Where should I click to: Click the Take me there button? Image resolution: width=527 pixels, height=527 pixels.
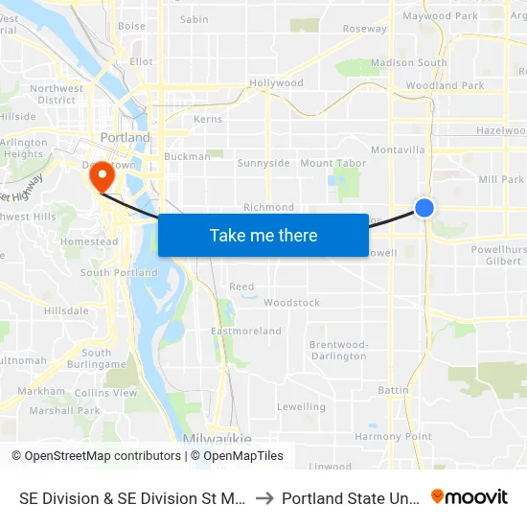coord(263,235)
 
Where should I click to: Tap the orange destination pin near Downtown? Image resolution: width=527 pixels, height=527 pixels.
coord(102,174)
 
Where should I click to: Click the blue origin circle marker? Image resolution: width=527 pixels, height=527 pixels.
coord(424,207)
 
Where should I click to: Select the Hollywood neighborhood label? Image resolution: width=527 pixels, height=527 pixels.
coord(276,83)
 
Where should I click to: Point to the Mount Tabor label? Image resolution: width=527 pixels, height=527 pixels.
coord(330,163)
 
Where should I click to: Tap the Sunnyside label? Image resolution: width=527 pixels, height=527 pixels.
coord(263,163)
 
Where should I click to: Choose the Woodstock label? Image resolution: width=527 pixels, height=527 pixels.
coord(291,303)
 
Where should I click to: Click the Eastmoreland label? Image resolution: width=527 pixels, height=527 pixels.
coord(246,332)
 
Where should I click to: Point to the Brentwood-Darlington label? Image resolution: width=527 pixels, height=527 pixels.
coord(338,350)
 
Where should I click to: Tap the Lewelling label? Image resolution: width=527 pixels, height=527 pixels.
coord(301,407)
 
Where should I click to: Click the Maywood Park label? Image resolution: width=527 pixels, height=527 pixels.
coord(440,16)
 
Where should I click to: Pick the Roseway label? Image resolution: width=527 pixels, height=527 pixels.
coord(365,29)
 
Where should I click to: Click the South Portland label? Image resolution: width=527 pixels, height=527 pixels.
coord(119,273)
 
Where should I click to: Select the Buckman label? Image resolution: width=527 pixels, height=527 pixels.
coord(187,156)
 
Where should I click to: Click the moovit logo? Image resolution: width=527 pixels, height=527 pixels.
coord(470,497)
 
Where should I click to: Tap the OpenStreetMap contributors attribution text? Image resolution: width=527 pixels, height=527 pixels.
coord(97,456)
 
